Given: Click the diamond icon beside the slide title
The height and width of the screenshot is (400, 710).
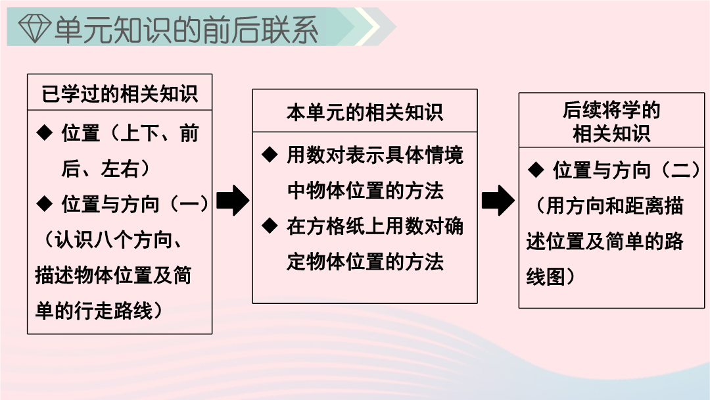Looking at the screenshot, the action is (x=35, y=28).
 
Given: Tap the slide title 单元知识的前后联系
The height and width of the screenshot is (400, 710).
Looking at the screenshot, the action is (x=186, y=29).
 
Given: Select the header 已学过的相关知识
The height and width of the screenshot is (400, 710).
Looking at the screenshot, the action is (x=120, y=94).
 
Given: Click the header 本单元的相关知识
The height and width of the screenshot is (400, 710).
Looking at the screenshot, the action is (x=364, y=113).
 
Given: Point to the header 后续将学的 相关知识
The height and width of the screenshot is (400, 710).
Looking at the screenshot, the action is (x=611, y=122).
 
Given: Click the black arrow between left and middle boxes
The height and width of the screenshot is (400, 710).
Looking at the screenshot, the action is (x=232, y=200).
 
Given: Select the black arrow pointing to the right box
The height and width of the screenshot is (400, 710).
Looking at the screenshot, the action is (x=498, y=200).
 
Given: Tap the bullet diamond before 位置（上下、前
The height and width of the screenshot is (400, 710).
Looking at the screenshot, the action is (x=45, y=133).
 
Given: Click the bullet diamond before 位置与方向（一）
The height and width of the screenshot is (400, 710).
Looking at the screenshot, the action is (x=45, y=203).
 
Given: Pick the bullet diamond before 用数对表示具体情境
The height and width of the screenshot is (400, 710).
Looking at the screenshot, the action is (x=270, y=155).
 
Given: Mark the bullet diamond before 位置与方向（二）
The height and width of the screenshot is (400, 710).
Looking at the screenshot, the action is (x=536, y=170).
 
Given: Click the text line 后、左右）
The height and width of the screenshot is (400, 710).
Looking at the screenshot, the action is (x=106, y=168).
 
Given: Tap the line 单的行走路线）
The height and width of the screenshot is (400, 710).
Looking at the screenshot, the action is (x=100, y=311).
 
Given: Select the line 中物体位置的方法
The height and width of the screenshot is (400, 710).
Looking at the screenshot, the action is (x=365, y=190).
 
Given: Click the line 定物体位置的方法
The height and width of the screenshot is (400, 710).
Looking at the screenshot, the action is (x=365, y=261).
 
